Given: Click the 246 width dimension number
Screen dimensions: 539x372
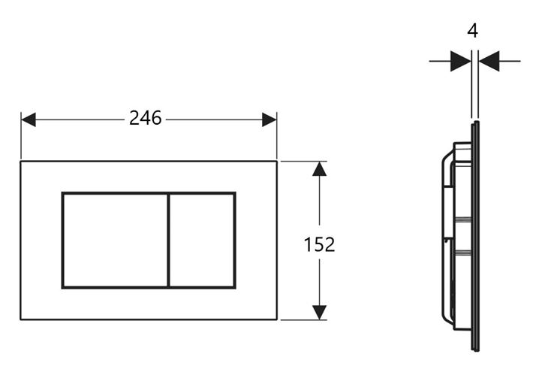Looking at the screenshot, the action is [145, 118].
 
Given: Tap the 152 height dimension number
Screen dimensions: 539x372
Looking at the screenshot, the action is [319, 244].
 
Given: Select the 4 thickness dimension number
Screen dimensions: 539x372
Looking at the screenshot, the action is [473, 31].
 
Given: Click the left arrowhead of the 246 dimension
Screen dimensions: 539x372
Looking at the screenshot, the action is [29, 119].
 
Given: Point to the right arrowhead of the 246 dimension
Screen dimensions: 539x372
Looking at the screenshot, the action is [269, 119].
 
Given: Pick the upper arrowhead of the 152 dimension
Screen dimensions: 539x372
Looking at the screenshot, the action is [319, 169].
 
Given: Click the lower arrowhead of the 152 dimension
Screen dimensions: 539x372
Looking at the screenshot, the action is [319, 312].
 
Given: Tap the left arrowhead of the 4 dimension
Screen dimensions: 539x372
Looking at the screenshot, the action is [461, 62].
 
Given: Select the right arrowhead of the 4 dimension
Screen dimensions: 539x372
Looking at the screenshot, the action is [489, 62].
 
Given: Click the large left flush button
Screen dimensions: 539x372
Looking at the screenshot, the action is [115, 240].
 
